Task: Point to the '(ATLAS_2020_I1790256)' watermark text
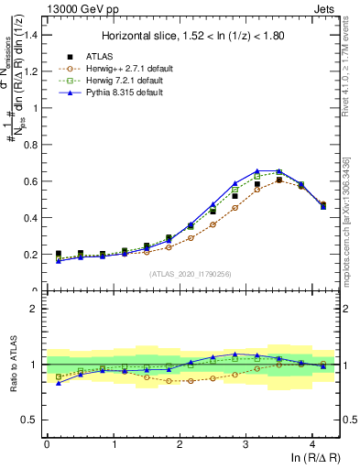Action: (x=192, y=274)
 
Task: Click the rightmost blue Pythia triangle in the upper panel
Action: (x=322, y=206)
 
